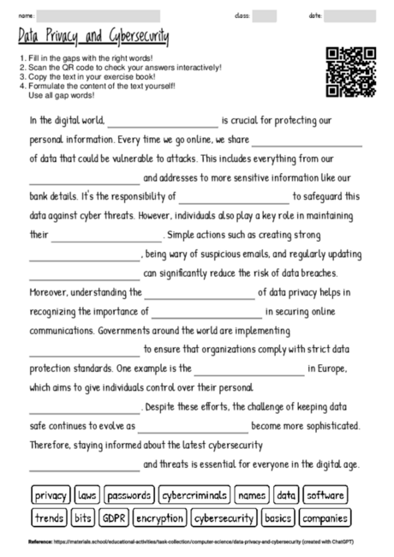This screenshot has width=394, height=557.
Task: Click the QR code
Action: pyautogui.click(x=351, y=71)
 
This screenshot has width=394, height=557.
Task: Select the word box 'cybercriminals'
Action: pyautogui.click(x=195, y=494)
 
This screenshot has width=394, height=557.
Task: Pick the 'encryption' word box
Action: pyautogui.click(x=159, y=518)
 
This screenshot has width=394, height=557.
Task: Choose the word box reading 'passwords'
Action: pyautogui.click(x=129, y=494)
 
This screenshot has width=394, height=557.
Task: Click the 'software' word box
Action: pyautogui.click(x=325, y=494)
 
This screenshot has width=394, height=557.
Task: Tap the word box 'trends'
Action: pyautogui.click(x=50, y=518)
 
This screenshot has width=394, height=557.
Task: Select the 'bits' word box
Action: pyautogui.click(x=83, y=518)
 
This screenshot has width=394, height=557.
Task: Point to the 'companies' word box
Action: pyautogui.click(x=325, y=518)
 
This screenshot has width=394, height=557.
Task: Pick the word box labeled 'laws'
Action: pyautogui.click(x=87, y=494)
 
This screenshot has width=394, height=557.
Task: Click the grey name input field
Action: pyautogui.click(x=98, y=15)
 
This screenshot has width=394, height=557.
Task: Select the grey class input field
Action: pyautogui.click(x=265, y=15)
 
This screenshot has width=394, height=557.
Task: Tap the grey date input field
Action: pyautogui.click(x=349, y=15)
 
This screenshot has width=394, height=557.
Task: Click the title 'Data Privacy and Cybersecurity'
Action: pyautogui.click(x=93, y=38)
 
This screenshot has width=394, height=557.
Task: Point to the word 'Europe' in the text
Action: pyautogui.click(x=330, y=370)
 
